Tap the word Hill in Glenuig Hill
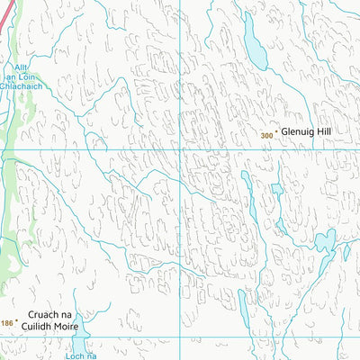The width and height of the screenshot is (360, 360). point(332,132)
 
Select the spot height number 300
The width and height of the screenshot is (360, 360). point(265,136)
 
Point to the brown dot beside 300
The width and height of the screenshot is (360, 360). point(276,133)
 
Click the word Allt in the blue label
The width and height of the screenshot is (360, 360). point(22,67)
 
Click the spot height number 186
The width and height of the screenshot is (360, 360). point(7,322)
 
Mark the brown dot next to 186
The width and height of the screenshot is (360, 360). point(16,319)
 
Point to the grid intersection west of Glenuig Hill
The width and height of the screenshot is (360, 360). point(179,149)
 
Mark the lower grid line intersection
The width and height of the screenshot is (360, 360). point(179,338)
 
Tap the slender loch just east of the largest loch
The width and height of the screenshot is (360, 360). point(346,253)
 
